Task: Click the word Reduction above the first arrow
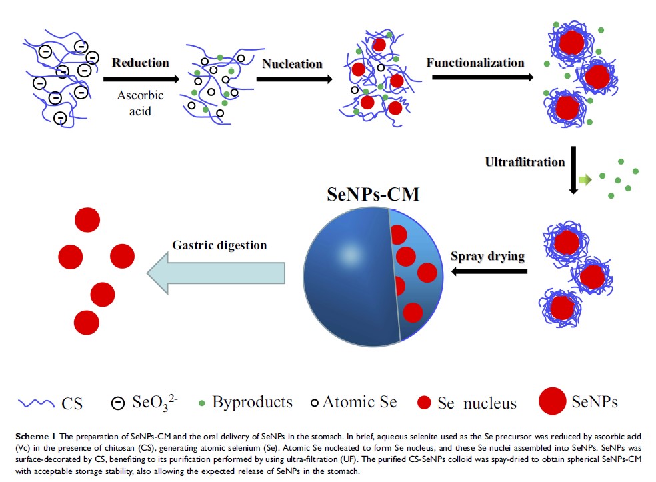click(x=140, y=63)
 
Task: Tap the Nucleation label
click(x=292, y=64)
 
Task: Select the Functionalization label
click(x=475, y=63)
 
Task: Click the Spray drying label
click(x=487, y=256)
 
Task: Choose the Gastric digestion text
click(x=219, y=245)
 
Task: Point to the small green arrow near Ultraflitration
click(x=585, y=179)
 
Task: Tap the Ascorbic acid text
click(x=140, y=103)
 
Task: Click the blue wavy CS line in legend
click(x=37, y=402)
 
